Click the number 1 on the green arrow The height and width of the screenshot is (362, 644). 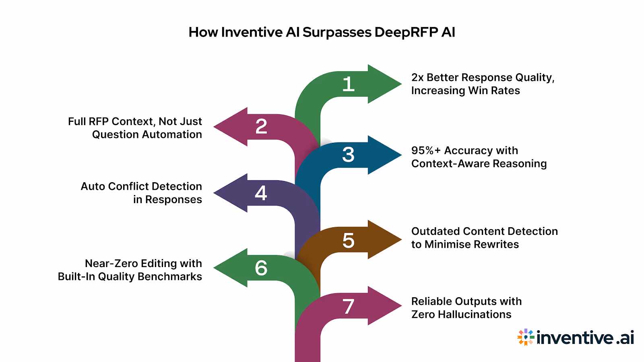click(348, 84)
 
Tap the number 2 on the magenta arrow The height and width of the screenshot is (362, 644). click(261, 127)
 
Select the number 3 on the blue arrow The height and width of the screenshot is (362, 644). click(348, 155)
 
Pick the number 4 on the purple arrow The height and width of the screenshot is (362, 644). click(261, 193)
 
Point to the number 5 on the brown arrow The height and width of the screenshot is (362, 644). click(348, 241)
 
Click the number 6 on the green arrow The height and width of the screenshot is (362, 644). click(261, 268)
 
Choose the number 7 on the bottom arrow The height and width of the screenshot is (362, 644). click(349, 306)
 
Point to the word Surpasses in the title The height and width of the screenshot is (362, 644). click(337, 32)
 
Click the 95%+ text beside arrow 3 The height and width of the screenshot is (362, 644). click(426, 150)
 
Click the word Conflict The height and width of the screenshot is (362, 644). click(128, 187)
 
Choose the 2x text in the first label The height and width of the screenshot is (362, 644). click(417, 78)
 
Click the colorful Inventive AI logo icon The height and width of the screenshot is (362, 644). click(526, 337)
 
